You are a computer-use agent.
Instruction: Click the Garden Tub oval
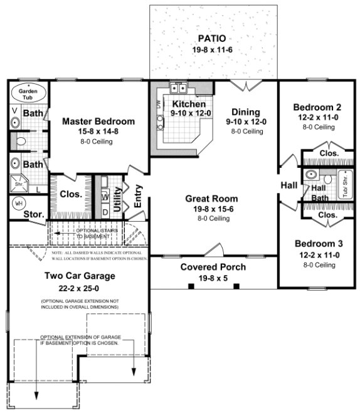point(28,93)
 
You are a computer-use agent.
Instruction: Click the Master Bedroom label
point(98,121)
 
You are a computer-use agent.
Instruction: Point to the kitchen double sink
point(179,88)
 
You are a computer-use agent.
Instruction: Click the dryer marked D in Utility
point(105,211)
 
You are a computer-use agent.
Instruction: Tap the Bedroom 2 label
point(317,107)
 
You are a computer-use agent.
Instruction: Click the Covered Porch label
point(213,267)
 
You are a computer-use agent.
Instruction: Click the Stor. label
point(33,215)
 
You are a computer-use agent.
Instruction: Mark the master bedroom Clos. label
point(70,194)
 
